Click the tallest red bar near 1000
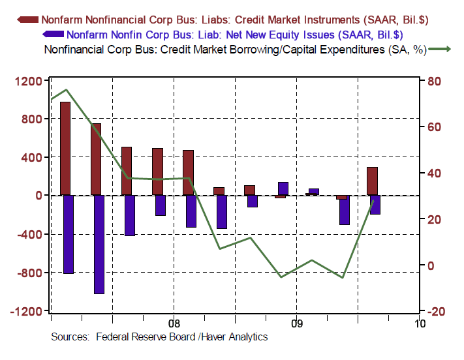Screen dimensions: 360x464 (x=65, y=148)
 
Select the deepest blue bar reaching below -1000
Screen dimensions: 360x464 (x=99, y=244)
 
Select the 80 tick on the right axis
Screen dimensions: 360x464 (x=435, y=81)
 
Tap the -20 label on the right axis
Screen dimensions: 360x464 (x=435, y=311)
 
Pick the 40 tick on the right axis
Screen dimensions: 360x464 (x=435, y=173)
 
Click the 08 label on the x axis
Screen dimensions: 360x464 (x=174, y=323)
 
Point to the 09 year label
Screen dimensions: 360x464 (x=297, y=323)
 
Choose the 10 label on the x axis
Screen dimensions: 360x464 (x=419, y=323)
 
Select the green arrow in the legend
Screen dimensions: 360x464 (x=441, y=49)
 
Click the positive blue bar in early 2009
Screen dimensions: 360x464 (x=283, y=188)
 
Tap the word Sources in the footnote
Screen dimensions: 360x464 (x=70, y=337)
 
